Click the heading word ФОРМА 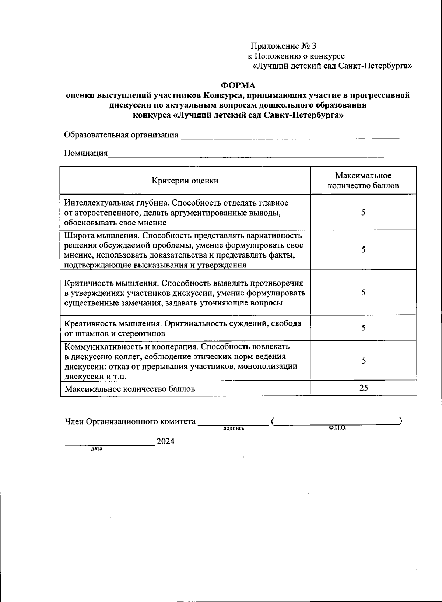[238, 85]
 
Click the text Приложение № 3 [283, 46]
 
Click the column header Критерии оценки [185, 181]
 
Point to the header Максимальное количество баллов [363, 180]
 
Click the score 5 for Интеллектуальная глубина [363, 212]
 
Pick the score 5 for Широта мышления [363, 250]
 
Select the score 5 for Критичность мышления [363, 293]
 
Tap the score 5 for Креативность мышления [363, 328]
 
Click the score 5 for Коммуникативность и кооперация [363, 361]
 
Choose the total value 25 [363, 388]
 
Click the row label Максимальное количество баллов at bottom [130, 389]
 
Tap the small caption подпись [234, 428]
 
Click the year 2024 [165, 441]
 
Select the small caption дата [97, 449]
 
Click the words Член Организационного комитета [130, 421]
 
